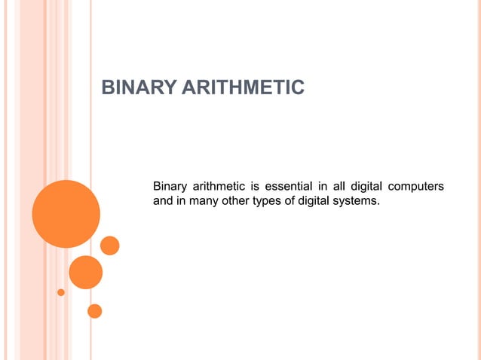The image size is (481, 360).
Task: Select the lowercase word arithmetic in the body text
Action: [222, 186]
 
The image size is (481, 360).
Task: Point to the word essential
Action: [290, 186]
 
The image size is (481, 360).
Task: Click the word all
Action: [335, 186]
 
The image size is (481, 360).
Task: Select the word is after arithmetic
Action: [256, 186]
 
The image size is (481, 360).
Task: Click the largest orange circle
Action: [66, 214]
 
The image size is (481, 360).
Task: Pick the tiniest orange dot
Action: [61, 292]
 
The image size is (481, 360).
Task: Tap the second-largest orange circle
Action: [85, 272]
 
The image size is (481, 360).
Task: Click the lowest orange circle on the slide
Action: [94, 310]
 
